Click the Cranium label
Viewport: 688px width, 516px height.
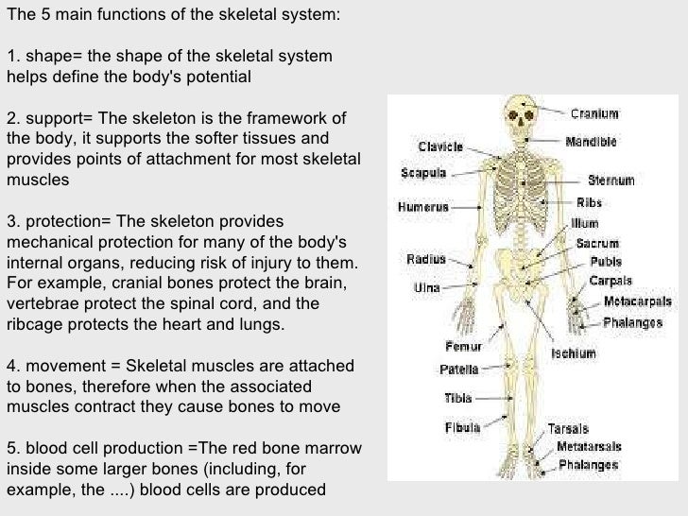(x=594, y=114)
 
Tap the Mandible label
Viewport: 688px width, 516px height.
(x=592, y=142)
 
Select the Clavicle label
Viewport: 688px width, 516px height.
(x=440, y=147)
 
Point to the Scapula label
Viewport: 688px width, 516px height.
(x=422, y=174)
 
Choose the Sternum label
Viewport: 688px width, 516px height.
(x=611, y=180)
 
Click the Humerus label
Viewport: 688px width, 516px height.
(x=423, y=204)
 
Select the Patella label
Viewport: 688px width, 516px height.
(x=459, y=369)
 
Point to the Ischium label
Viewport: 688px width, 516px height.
(x=574, y=354)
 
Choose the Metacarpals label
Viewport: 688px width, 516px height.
(x=638, y=301)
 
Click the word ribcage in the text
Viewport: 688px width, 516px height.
(x=38, y=324)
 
